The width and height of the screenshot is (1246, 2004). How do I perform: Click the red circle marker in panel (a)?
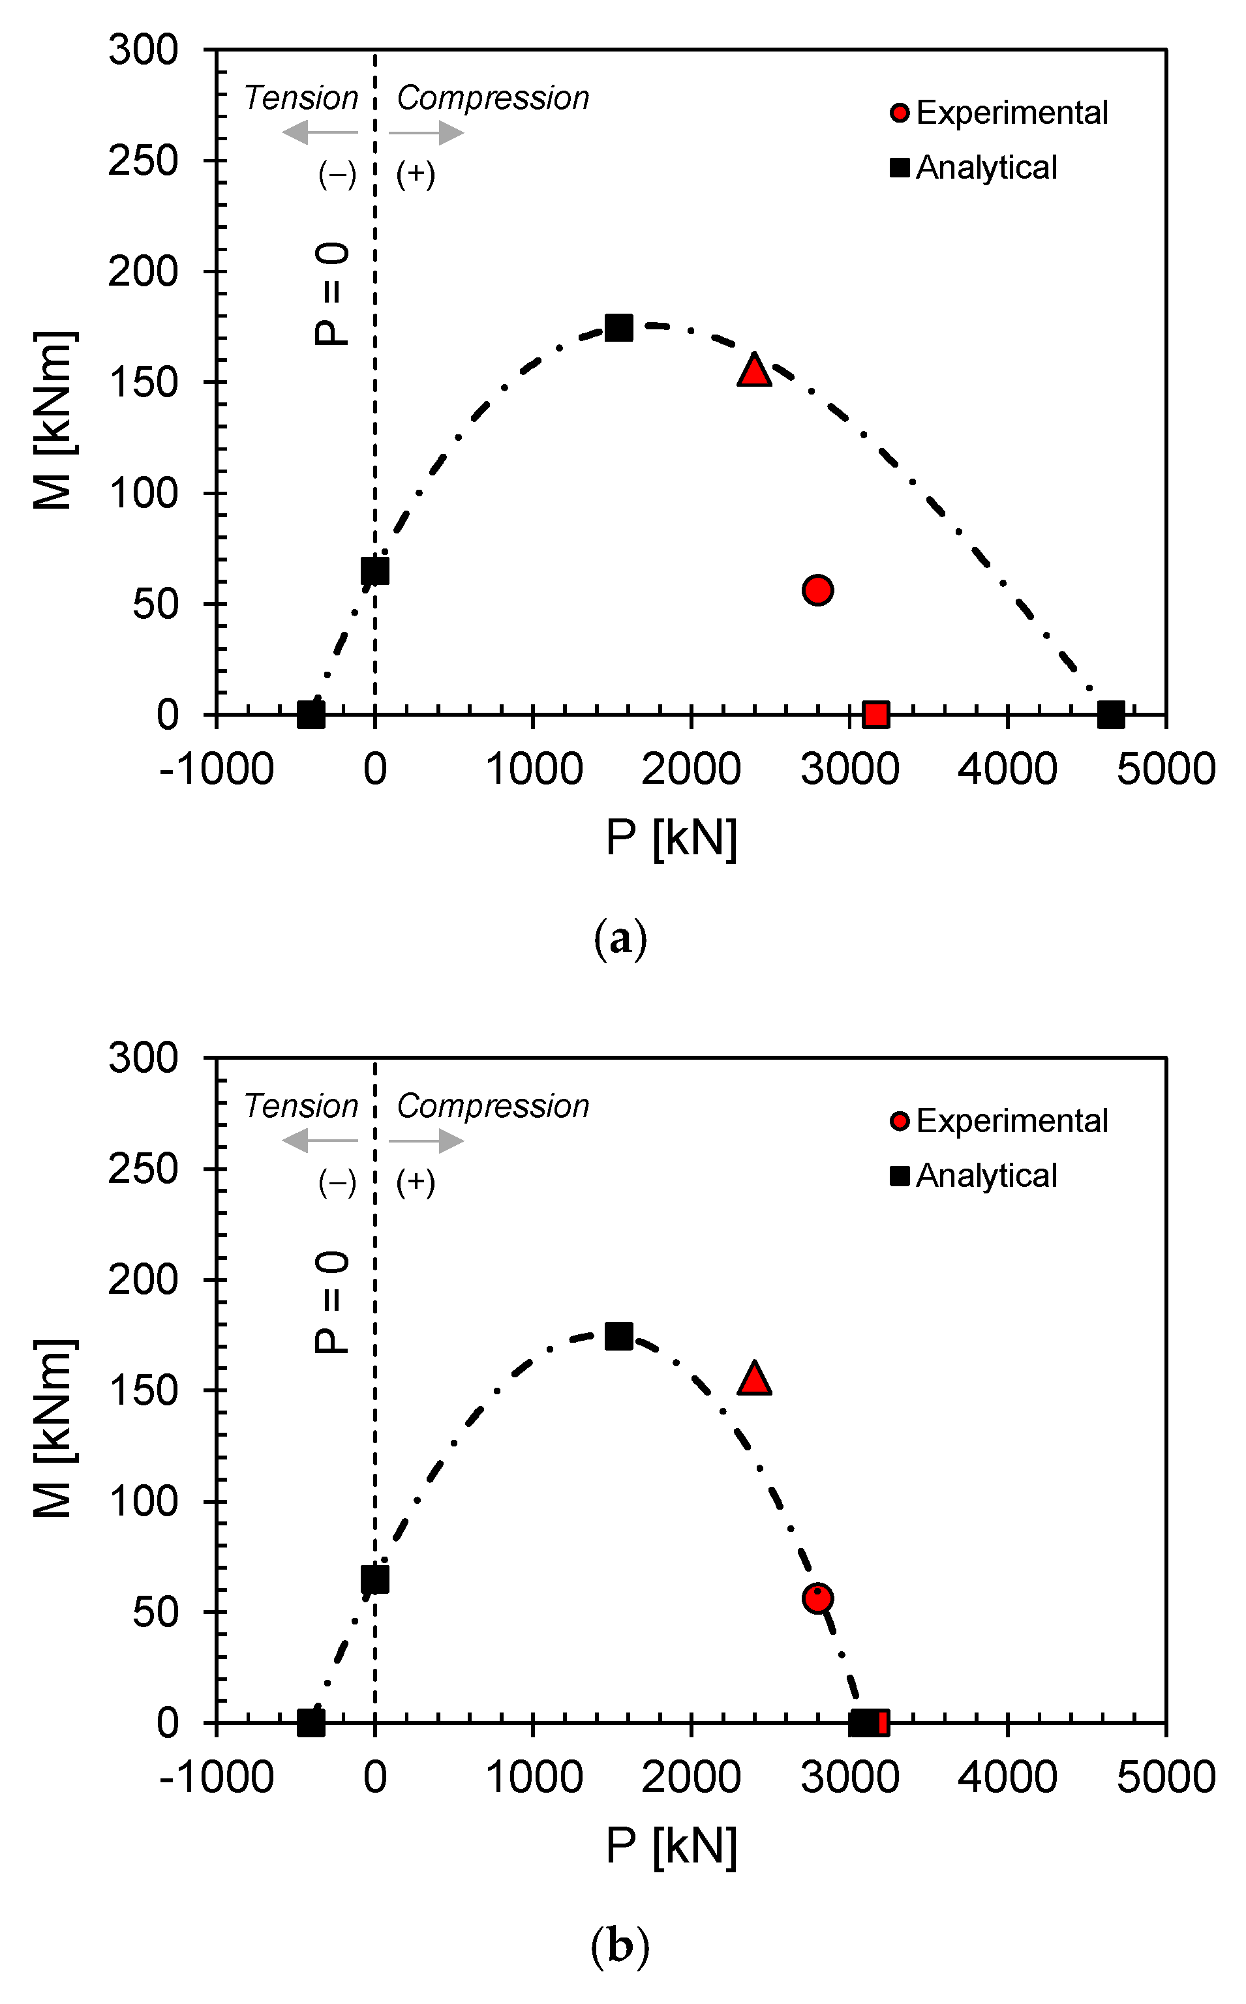[817, 590]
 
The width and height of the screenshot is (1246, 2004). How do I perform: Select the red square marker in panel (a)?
[875, 714]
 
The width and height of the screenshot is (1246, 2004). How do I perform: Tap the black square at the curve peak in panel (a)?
[619, 328]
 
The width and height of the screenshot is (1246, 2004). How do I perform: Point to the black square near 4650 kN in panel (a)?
[1110, 714]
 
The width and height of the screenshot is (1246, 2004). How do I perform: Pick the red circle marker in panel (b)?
[817, 1598]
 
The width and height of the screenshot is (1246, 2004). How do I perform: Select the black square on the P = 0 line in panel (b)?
[375, 1579]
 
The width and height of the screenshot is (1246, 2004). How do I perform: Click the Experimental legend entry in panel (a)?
[999, 113]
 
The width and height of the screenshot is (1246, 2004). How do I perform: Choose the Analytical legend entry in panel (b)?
[974, 1175]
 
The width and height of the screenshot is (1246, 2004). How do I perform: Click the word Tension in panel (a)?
[301, 98]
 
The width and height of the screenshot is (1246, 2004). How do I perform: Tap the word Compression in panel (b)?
[493, 1106]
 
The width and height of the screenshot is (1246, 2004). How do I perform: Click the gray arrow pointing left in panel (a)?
[320, 132]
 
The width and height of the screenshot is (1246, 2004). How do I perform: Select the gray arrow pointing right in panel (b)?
[427, 1141]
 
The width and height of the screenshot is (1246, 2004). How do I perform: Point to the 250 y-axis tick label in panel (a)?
[143, 160]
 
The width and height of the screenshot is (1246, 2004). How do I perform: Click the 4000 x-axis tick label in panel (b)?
[1007, 1778]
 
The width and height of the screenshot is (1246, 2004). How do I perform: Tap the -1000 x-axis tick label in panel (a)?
[216, 770]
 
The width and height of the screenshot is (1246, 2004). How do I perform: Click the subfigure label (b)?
[620, 1947]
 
